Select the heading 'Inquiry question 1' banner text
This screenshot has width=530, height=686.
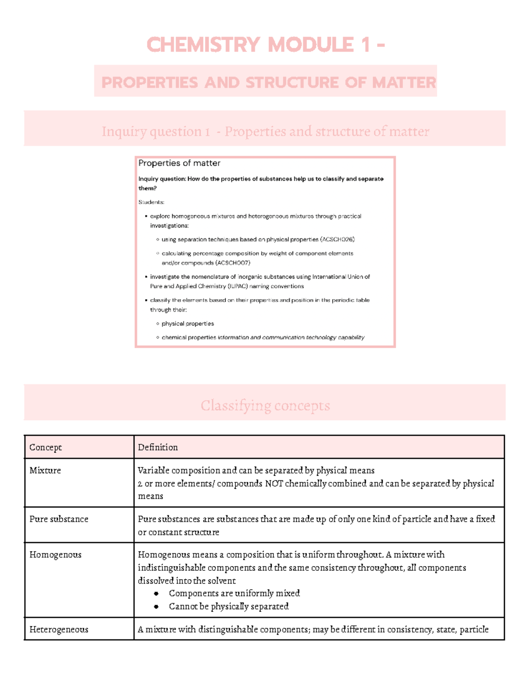point(155,131)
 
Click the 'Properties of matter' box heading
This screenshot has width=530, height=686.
point(179,163)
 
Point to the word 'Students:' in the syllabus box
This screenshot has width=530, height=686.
point(151,202)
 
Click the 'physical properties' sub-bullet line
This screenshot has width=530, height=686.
point(188,324)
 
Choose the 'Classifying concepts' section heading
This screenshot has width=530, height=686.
point(265,406)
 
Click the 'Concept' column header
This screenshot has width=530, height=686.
point(45,447)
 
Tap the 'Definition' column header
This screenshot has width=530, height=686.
point(158,447)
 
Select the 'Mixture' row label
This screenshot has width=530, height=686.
point(45,470)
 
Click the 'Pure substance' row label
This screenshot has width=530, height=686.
point(59,519)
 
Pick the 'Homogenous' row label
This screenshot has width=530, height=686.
point(55,555)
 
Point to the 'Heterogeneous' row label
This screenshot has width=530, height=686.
point(59,629)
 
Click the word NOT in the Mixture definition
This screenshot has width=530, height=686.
point(274,484)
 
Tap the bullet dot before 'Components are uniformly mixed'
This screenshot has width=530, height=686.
point(156,594)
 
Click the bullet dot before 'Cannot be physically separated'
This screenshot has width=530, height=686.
point(156,607)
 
